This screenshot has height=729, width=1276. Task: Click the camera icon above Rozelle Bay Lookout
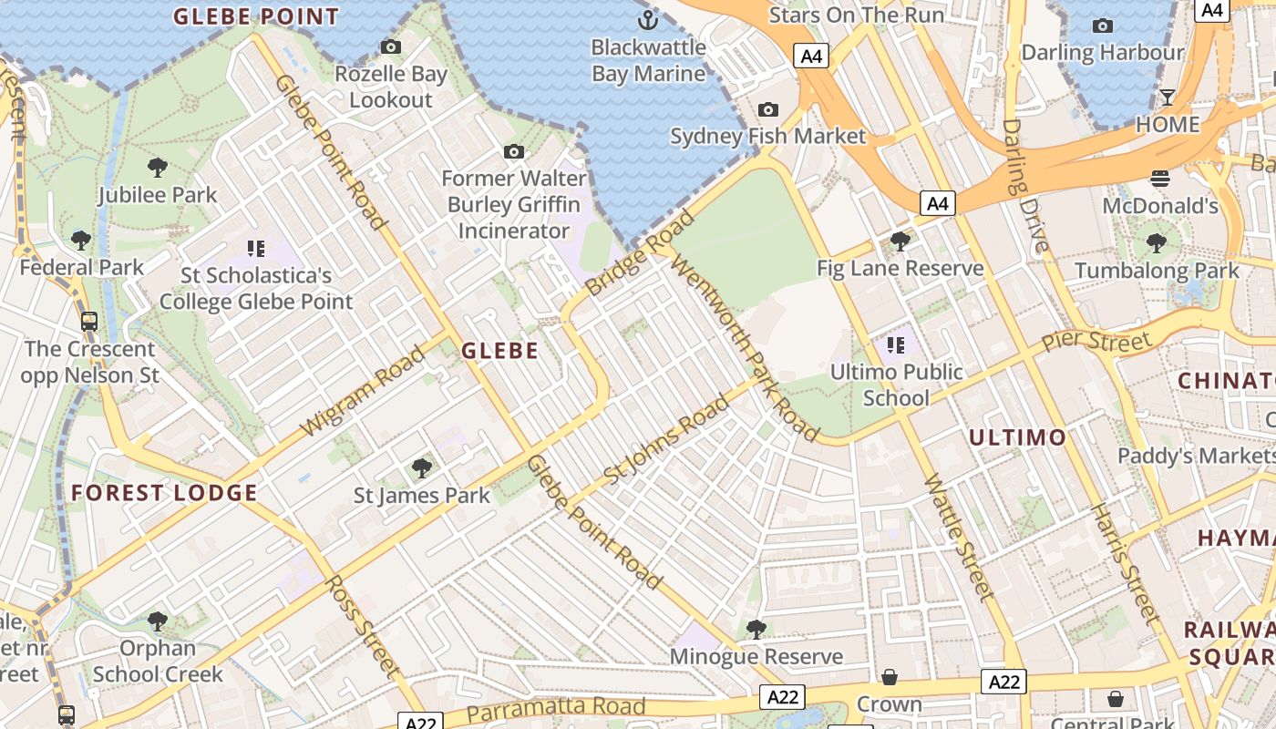(x=390, y=46)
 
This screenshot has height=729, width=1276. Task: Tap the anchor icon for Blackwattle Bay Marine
(x=647, y=19)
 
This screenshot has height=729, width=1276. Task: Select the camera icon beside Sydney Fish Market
(x=768, y=109)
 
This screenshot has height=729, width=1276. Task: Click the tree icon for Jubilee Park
(x=158, y=168)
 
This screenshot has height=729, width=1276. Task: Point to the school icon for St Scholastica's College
(x=256, y=248)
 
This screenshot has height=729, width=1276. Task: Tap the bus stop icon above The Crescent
(x=89, y=321)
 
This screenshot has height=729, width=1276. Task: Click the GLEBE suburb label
(x=499, y=350)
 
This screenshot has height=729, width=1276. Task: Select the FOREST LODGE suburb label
(x=165, y=493)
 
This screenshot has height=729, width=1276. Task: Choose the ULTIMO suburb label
(x=1017, y=437)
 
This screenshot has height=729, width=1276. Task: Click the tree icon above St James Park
(x=421, y=468)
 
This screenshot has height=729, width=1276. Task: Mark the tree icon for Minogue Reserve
(x=756, y=629)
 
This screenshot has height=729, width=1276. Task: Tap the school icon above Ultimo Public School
(x=896, y=344)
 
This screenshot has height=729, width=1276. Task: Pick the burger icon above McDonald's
(x=1159, y=179)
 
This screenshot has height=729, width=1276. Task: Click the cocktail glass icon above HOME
(x=1167, y=97)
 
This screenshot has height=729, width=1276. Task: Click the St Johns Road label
(x=667, y=439)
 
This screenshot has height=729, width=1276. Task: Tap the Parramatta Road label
(x=556, y=708)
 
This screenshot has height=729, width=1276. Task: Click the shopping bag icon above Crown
(x=889, y=677)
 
